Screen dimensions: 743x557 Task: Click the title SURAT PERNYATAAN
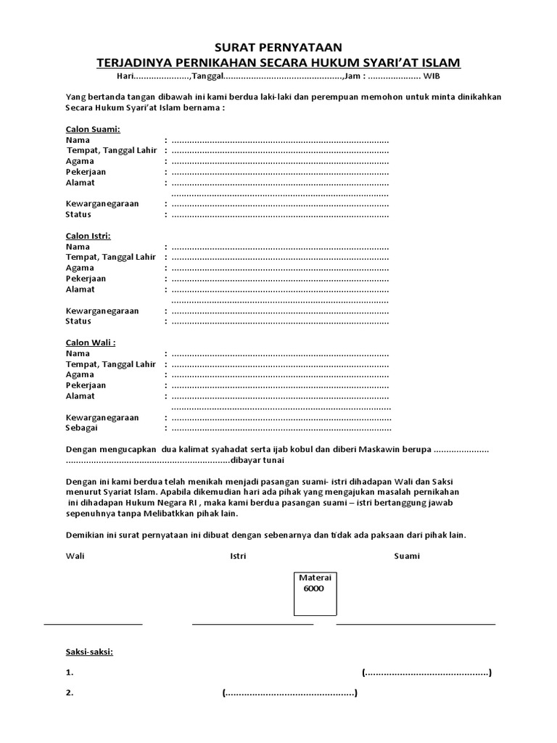click(x=278, y=47)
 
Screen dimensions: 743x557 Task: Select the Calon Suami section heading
click(x=93, y=129)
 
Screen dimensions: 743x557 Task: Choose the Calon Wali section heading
click(x=91, y=342)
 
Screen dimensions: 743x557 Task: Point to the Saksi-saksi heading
click(x=89, y=652)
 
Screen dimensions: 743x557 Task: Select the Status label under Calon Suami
click(x=78, y=215)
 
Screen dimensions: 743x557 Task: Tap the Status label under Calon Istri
click(x=78, y=321)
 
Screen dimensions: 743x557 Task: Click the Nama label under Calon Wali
click(x=78, y=353)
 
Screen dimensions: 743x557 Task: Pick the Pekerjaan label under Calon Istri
click(x=86, y=279)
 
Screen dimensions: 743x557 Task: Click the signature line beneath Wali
click(x=94, y=623)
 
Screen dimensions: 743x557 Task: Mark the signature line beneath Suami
click(x=416, y=623)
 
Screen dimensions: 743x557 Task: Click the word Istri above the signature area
click(x=238, y=556)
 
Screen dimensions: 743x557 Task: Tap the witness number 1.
click(x=69, y=673)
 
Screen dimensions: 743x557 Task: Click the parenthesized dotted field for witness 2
click(x=289, y=693)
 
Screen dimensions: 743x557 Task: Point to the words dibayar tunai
click(x=257, y=461)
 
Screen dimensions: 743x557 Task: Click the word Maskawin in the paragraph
click(x=385, y=450)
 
